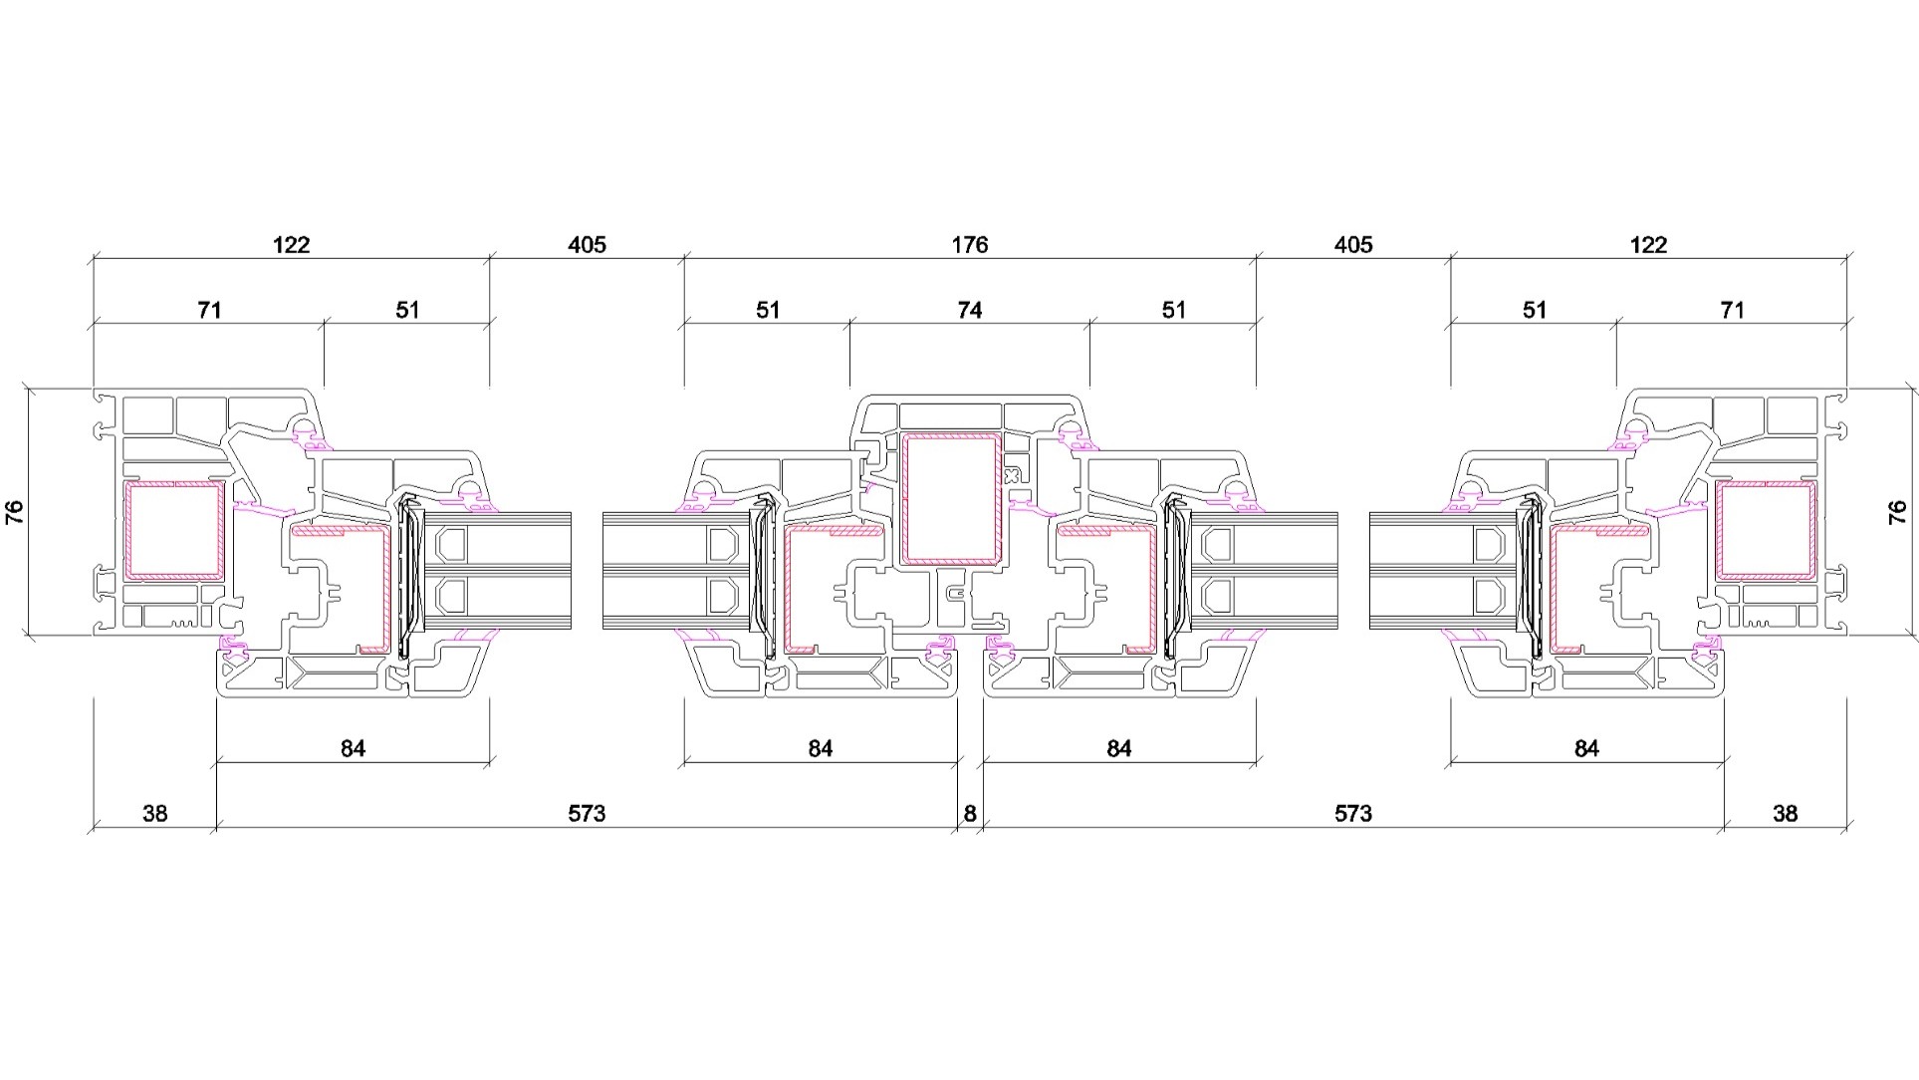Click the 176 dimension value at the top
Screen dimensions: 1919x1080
[x=969, y=245]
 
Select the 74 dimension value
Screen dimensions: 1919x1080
[x=969, y=311]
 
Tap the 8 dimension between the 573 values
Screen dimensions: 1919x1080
[x=970, y=814]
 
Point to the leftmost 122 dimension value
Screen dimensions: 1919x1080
[x=291, y=245]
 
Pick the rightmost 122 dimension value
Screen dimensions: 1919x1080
[x=1648, y=245]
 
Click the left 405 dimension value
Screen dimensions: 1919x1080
[x=587, y=245]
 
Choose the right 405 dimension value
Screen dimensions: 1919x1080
[x=1353, y=245]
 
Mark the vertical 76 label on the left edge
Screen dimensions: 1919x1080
[x=15, y=512]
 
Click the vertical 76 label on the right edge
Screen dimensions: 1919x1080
[x=1897, y=512]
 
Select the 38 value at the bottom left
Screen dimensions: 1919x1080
[x=155, y=814]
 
